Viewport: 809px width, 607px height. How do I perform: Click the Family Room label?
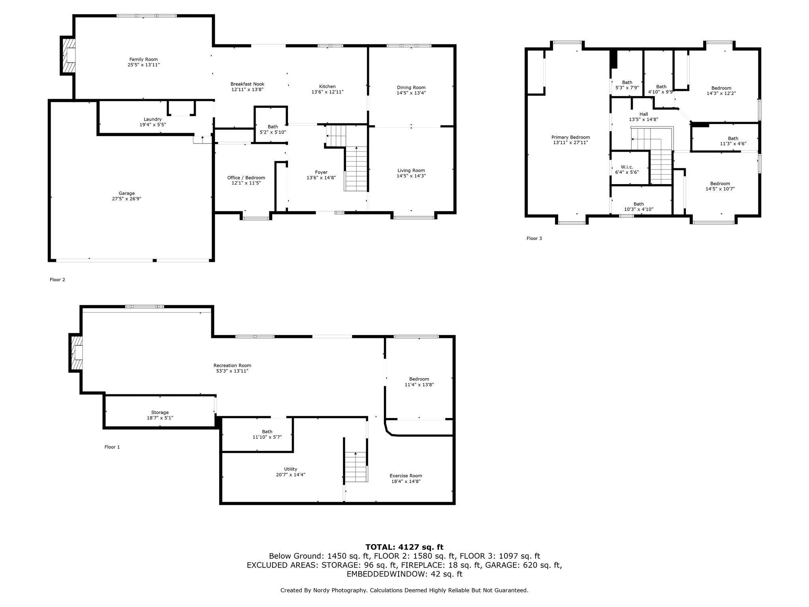point(143,59)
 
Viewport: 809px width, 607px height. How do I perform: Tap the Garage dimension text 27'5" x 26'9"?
point(126,199)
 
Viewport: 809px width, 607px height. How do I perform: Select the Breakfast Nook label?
point(247,84)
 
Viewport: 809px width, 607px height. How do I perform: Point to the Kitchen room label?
point(327,86)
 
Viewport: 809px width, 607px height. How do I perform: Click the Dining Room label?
point(411,87)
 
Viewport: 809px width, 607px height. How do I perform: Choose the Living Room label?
point(411,170)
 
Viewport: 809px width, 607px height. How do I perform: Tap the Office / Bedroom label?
point(246,177)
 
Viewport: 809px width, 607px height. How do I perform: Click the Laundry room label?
point(152,119)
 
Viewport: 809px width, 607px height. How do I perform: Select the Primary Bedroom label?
point(570,137)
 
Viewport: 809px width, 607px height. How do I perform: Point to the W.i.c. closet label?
point(627,167)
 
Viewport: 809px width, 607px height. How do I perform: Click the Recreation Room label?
point(232,365)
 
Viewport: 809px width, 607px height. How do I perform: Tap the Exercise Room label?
point(406,475)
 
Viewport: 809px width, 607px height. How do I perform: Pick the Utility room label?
point(290,469)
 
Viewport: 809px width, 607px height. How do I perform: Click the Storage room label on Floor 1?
point(160,412)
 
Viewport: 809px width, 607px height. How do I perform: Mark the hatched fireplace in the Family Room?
point(68,55)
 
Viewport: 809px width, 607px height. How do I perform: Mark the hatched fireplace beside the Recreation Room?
point(77,353)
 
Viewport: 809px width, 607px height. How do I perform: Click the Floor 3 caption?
point(534,238)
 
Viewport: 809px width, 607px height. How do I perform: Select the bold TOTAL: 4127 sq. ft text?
point(404,547)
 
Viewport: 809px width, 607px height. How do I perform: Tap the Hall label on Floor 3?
point(643,114)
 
